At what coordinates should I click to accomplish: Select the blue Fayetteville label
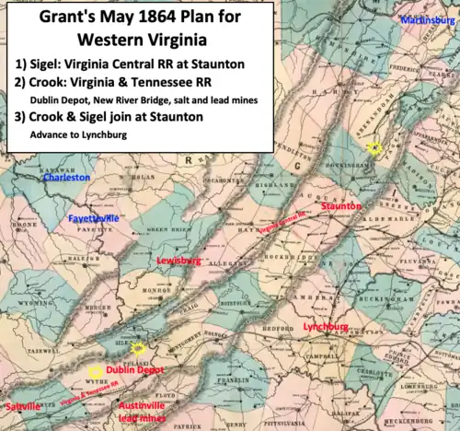95,218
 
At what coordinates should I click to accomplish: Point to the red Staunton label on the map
341,208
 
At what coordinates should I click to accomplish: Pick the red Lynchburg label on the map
325,326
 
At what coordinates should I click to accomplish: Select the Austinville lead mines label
145,411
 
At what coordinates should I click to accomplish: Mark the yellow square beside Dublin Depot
94,371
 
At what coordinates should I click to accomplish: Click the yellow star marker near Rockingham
374,147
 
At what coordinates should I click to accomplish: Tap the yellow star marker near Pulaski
138,348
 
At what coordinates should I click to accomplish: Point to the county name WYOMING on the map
37,301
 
